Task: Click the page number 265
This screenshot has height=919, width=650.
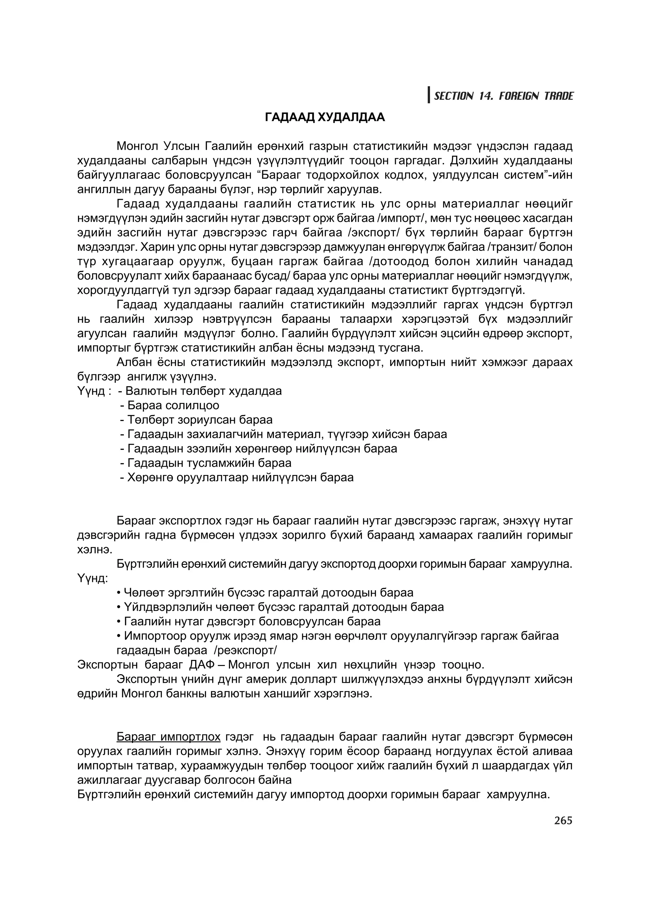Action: (x=563, y=821)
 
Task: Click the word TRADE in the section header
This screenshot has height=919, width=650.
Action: (x=558, y=96)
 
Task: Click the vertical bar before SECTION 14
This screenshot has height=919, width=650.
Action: (x=429, y=95)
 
